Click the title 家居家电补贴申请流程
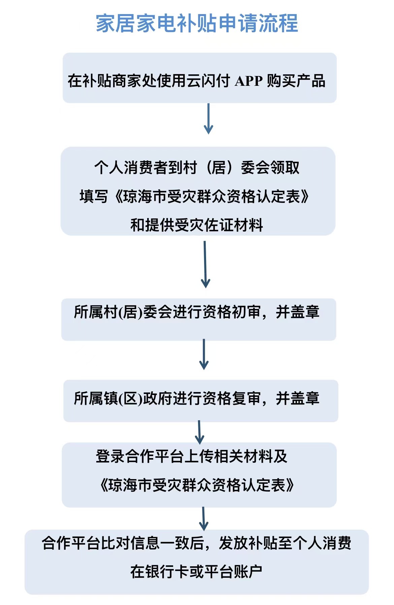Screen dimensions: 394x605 (197, 23)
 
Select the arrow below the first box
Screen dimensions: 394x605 (208, 118)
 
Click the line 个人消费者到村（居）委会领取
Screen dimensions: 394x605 (197, 167)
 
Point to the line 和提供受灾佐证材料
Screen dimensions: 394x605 (197, 225)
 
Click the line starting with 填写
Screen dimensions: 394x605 (194, 196)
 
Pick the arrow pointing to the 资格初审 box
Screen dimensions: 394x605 (205, 264)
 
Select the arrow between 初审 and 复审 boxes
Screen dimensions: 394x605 (204, 354)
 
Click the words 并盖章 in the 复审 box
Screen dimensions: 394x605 (298, 398)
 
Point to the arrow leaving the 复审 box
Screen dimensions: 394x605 (199, 432)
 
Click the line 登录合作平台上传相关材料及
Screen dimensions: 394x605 (192, 456)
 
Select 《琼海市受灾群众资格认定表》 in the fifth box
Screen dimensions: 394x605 (197, 485)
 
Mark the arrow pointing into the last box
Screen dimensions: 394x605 (203, 519)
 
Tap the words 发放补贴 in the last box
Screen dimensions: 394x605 (248, 543)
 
